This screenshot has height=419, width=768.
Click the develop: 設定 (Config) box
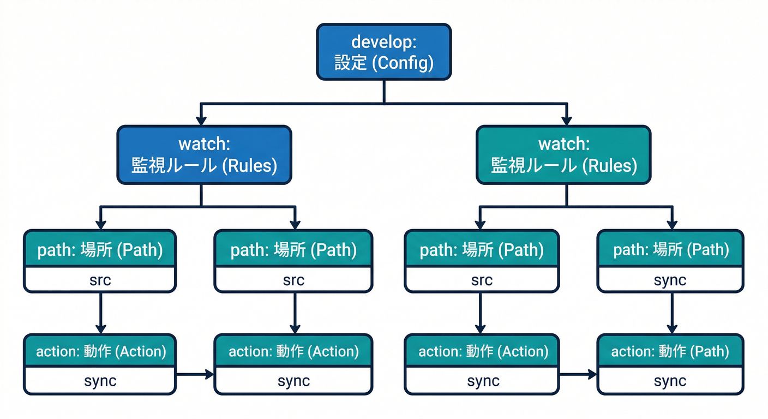coord(384,52)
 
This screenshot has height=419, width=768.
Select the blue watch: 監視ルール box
coord(204,155)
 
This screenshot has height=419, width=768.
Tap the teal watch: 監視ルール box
coord(563,155)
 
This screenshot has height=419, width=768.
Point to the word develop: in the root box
coord(384,41)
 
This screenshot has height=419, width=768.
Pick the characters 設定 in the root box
coord(350,63)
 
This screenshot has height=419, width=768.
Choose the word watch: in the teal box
coord(564,144)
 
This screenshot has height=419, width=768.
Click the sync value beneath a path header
coord(670,280)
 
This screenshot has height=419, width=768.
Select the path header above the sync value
coord(670,250)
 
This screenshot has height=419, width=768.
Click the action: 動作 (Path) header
coord(670,351)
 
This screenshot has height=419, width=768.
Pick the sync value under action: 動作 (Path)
coord(670,381)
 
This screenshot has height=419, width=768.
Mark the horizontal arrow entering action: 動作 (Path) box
coord(578,374)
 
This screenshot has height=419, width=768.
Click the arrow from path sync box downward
coord(670,313)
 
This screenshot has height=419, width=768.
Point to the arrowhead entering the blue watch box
coord(201,120)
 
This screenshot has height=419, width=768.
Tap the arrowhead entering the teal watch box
coord(567,120)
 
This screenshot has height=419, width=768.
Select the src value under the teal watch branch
coord(482,280)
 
